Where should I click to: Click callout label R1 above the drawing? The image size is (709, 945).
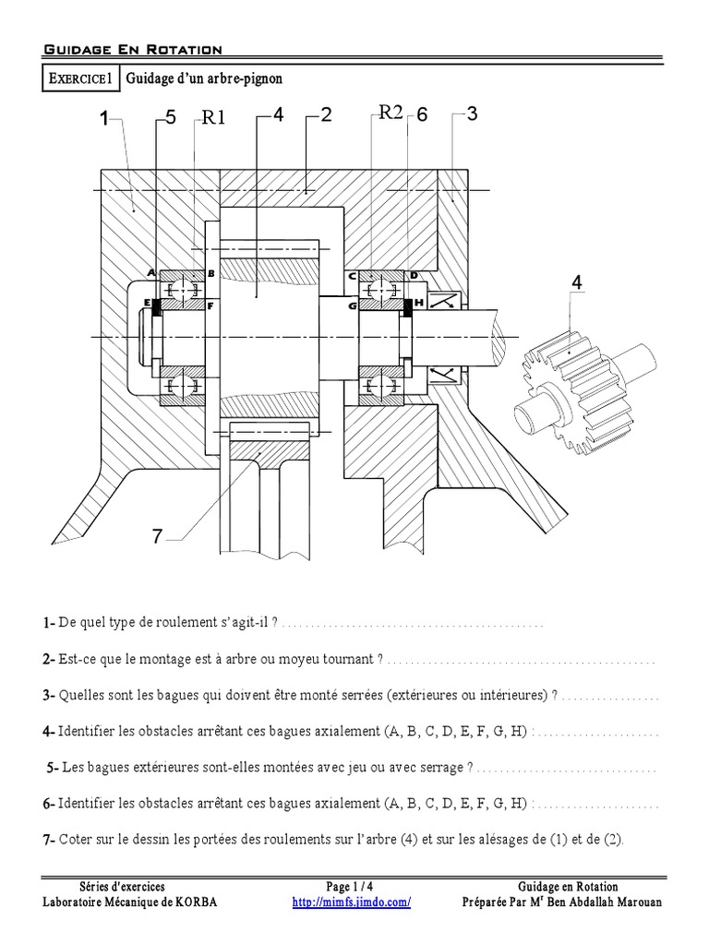coord(214,117)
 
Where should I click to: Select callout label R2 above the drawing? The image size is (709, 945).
coord(391,114)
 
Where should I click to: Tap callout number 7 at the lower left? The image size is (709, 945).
coord(158,536)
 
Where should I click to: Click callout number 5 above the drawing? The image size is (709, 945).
coord(169,117)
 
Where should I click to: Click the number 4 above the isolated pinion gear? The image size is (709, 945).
coord(577,282)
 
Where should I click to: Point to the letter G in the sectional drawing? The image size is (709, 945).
coord(352,304)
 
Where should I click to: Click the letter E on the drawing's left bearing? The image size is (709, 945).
coord(147,303)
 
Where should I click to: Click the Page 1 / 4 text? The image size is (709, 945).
coord(352,887)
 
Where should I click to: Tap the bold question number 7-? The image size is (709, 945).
coord(50,839)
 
